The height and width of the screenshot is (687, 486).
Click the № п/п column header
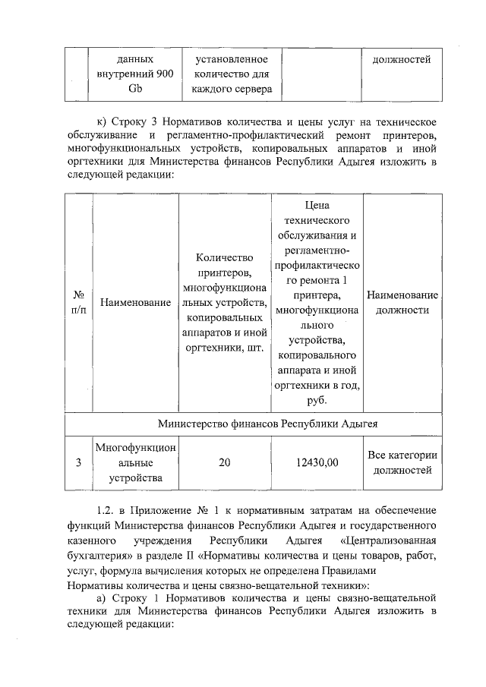[77, 302]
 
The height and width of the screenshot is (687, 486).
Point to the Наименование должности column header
[402, 302]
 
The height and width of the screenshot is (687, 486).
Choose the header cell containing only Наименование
[134, 302]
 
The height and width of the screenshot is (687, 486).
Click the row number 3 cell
[77, 463]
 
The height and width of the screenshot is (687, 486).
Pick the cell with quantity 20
[225, 463]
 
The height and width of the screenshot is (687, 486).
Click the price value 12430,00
[317, 463]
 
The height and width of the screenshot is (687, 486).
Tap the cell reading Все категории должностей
[402, 463]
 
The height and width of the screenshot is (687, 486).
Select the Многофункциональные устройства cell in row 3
[134, 463]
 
